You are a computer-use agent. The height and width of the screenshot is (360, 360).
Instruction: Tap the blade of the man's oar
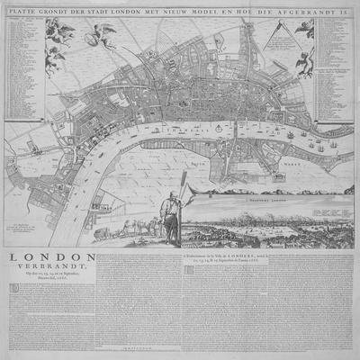point(184,181)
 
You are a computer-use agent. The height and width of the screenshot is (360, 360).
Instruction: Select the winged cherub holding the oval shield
point(100,36)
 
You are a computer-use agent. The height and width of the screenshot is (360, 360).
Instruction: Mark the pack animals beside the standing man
point(135,224)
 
